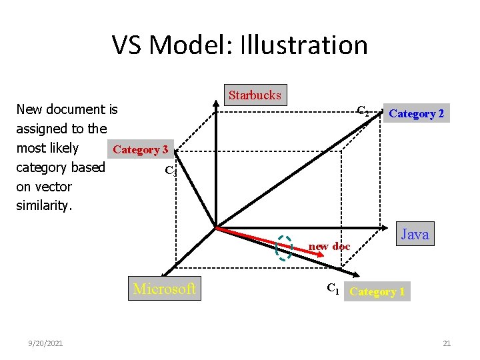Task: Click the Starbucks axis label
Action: coord(255,95)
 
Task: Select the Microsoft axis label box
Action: coord(165,289)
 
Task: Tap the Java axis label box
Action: coord(415,234)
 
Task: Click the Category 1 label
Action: coord(377,291)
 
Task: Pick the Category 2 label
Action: coord(417,114)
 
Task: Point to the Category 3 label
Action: coord(141,149)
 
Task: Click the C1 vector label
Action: coord(333,289)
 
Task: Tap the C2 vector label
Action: coord(363,111)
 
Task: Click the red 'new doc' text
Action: coord(329,247)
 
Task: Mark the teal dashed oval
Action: coord(285,247)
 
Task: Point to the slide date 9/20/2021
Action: coord(46,343)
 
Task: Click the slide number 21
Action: coord(447,343)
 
